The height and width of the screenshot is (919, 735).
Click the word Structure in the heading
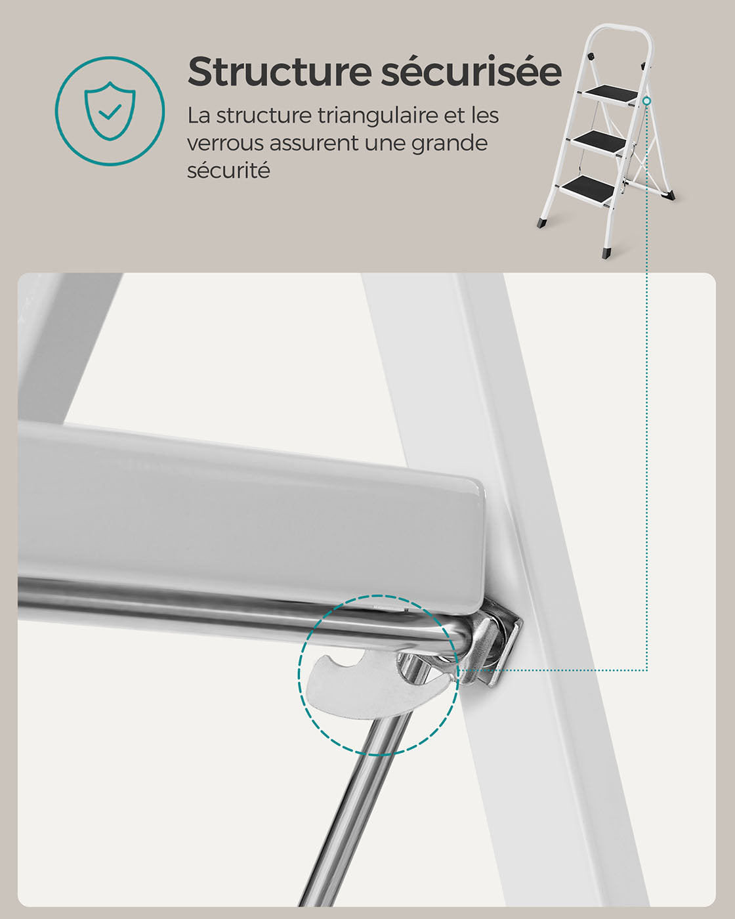[x=280, y=72]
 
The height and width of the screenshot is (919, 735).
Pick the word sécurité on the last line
[x=228, y=171]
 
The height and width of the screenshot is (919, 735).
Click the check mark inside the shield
[x=110, y=112]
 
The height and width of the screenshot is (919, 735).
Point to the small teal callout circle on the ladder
[x=647, y=101]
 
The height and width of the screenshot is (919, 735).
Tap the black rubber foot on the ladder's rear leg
[x=668, y=195]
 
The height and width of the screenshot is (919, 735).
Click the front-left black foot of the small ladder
[x=541, y=223]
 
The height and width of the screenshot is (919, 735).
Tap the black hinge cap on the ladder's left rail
[x=591, y=56]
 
